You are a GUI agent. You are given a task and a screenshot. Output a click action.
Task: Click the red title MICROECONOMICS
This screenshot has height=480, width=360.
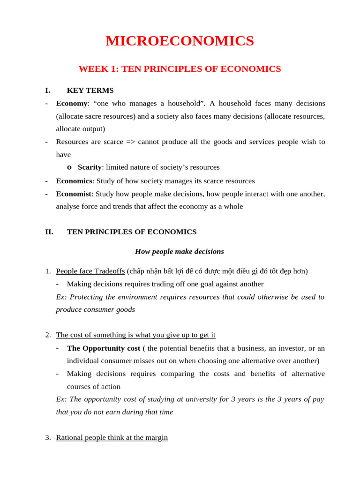180,41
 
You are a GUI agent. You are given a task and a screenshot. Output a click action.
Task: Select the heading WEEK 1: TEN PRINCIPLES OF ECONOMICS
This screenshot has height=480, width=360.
180,69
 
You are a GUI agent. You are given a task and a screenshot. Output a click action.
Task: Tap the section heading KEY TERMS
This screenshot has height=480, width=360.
90,90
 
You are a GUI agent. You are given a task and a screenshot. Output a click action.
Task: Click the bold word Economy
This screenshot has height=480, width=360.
71,103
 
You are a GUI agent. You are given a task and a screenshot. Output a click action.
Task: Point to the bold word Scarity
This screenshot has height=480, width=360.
89,167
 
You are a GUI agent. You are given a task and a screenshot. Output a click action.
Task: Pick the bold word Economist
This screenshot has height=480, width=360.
73,194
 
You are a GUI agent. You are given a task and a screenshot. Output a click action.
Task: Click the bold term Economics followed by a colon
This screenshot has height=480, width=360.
74,181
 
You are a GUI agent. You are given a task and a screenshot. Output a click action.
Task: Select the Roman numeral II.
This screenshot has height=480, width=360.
49,232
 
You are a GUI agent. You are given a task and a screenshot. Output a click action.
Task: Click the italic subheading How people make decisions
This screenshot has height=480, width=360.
180,252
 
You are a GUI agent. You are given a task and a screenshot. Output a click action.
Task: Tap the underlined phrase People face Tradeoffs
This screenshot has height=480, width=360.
90,271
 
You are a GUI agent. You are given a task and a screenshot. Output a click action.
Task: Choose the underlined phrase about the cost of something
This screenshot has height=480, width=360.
135,335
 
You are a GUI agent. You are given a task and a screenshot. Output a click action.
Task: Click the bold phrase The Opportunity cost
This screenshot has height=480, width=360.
104,348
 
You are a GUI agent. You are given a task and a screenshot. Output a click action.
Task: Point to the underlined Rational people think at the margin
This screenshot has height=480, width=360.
112,438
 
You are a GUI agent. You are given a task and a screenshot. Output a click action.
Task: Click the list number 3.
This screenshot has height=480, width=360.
48,438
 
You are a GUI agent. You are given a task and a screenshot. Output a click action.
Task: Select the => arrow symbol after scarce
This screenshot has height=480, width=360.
130,142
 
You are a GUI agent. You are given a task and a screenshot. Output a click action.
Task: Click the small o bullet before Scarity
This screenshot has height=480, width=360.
69,167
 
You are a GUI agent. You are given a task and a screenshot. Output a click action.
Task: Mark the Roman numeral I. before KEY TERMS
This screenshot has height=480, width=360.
47,90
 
